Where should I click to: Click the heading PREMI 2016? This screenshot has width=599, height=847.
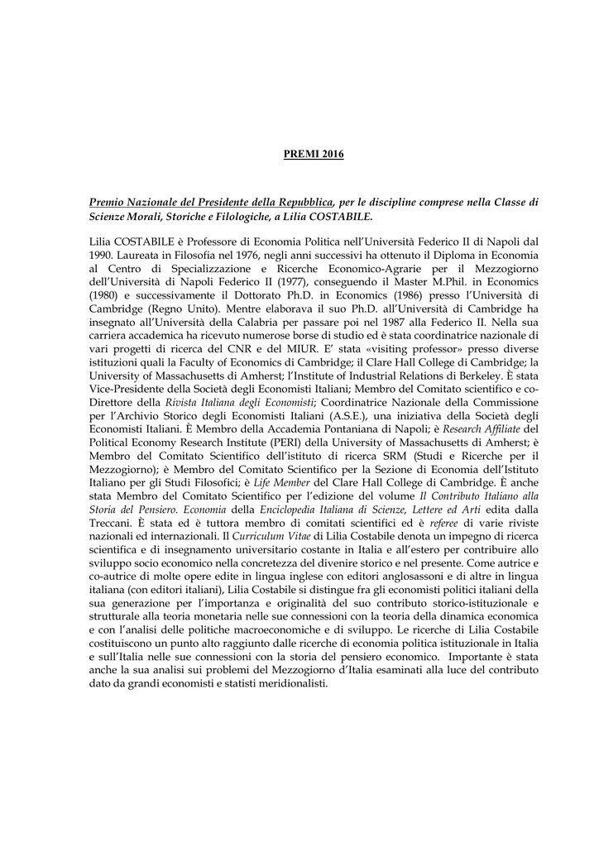point(308,155)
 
